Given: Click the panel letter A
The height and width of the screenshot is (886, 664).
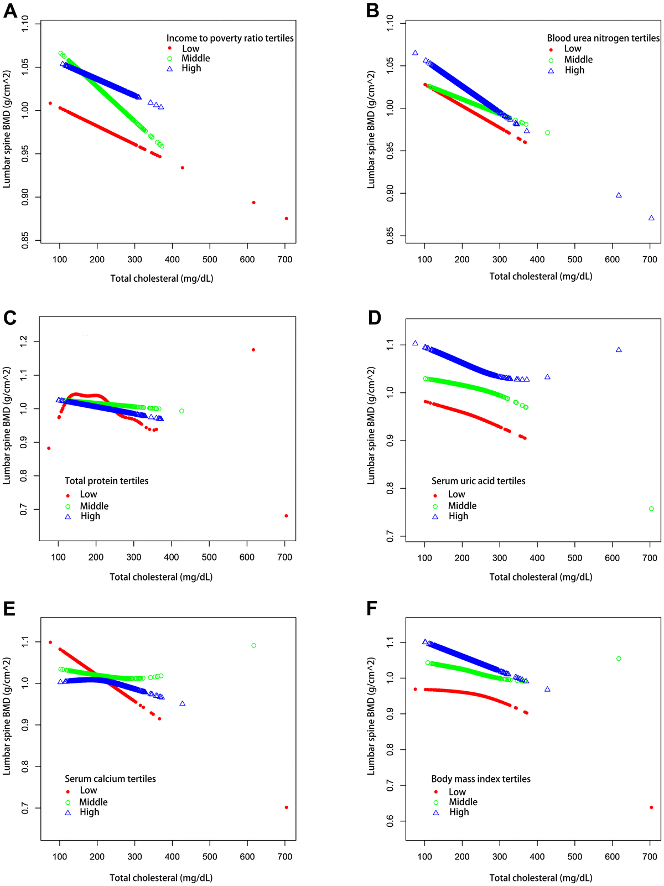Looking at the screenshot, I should point(10,11).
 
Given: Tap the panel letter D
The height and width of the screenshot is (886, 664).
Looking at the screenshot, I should point(375,318).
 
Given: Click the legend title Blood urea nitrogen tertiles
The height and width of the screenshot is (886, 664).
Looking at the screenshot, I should point(603,38).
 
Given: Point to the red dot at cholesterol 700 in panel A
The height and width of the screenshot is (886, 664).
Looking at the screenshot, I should point(286,219).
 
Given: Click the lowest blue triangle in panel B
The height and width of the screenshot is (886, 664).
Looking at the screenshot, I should point(651,218).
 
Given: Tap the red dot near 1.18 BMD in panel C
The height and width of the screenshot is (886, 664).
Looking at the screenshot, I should point(253,350).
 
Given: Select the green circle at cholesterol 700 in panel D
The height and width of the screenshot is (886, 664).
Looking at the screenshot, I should point(651,509).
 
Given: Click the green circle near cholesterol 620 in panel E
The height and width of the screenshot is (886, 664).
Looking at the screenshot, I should point(254,645).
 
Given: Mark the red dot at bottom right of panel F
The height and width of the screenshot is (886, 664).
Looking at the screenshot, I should point(651,807).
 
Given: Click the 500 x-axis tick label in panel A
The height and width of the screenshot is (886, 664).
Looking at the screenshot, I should point(210,260).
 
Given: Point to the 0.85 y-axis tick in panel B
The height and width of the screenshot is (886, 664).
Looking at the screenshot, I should point(390,236).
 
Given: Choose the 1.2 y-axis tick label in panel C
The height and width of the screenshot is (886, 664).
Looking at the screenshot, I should point(23,341).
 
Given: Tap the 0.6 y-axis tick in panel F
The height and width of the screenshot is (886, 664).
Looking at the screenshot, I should point(390,821).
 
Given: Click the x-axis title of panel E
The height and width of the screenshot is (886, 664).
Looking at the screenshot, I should point(161,878).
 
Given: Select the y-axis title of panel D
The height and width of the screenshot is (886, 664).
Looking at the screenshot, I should point(371,426).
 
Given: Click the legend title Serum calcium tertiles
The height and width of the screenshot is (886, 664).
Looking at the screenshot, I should point(110,779).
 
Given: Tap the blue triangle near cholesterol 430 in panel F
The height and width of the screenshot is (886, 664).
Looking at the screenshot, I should point(547,689).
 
